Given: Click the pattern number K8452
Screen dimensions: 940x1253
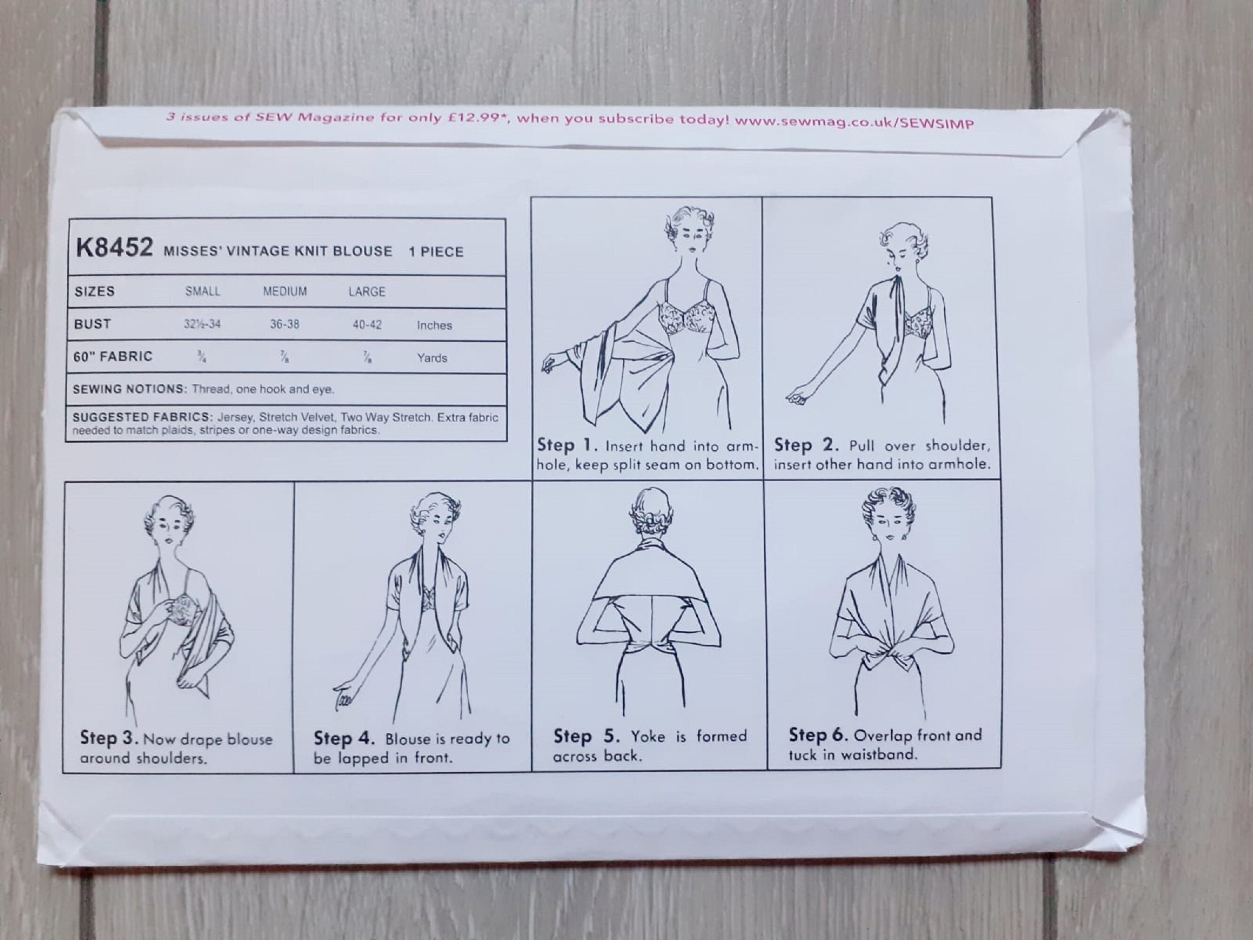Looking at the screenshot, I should tap(114, 248).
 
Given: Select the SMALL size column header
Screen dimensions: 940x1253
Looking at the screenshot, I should tap(202, 291).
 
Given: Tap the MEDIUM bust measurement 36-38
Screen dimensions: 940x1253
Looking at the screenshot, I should tap(284, 324).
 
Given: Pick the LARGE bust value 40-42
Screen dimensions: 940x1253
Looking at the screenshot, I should tap(367, 325).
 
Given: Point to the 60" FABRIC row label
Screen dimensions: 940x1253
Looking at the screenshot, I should tap(113, 356).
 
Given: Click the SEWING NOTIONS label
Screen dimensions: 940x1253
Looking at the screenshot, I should tap(129, 389).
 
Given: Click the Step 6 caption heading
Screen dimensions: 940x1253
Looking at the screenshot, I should tap(818, 735).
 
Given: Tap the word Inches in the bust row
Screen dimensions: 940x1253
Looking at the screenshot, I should tap(434, 325).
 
